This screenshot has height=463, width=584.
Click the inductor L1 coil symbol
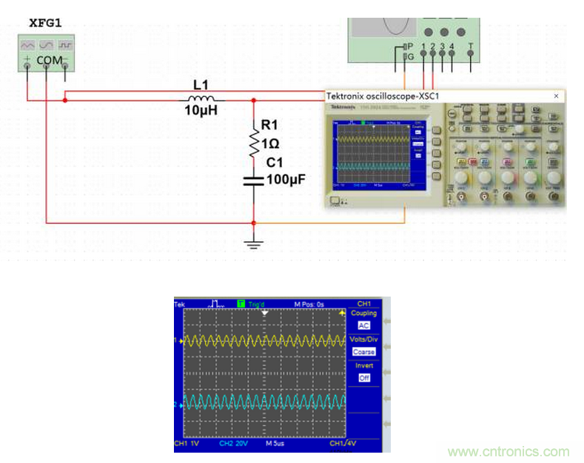click(201, 99)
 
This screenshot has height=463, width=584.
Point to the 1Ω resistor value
click(270, 145)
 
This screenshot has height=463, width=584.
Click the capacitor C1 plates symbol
click(254, 179)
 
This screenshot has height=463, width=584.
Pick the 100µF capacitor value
click(286, 180)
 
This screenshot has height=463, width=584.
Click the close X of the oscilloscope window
click(557, 96)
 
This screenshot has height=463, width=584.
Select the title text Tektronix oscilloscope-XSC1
click(382, 96)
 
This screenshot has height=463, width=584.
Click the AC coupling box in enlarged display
click(363, 325)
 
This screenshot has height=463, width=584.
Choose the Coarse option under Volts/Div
click(363, 352)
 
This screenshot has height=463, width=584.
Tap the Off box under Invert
click(363, 378)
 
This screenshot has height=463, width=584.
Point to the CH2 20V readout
click(233, 445)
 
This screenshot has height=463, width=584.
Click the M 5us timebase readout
click(276, 445)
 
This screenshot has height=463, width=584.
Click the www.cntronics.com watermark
click(509, 451)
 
